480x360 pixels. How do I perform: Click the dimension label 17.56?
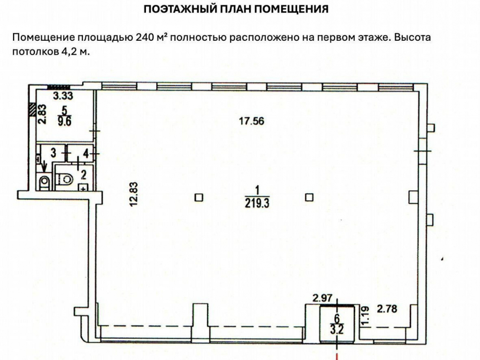(x=252, y=121)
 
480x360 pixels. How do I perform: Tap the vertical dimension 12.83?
(x=134, y=194)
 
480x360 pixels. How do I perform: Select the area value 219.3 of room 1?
(x=257, y=203)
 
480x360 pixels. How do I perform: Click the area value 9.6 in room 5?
(x=64, y=121)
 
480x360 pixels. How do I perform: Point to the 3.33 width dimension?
(x=63, y=96)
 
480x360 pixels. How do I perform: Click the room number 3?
(x=53, y=153)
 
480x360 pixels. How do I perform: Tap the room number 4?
(x=86, y=154)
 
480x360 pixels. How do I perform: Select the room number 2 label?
(x=83, y=175)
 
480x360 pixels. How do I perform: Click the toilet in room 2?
(x=65, y=178)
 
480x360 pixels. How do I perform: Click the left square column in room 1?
(x=199, y=197)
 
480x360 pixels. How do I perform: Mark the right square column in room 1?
(x=309, y=197)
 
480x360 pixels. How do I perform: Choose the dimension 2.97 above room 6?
(x=322, y=298)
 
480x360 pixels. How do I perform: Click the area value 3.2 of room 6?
(x=337, y=330)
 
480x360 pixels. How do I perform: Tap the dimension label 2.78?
(x=387, y=309)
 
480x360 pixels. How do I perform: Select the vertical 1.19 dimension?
(x=365, y=316)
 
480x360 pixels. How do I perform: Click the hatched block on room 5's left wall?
(x=31, y=109)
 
